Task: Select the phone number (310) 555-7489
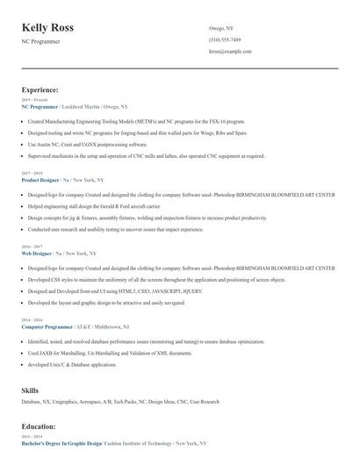[x=225, y=40]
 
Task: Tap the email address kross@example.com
[x=230, y=52]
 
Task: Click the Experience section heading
[x=40, y=89]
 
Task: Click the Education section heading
[x=39, y=426]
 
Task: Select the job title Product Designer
[x=40, y=179]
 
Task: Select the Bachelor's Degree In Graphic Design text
[x=61, y=443]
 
